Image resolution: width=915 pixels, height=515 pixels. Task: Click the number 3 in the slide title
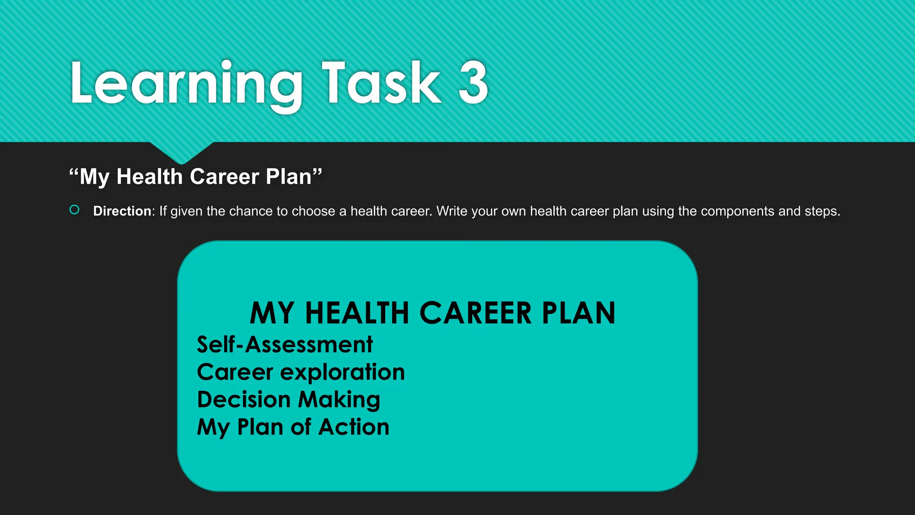click(473, 83)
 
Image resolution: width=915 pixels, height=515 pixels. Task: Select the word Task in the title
click(381, 83)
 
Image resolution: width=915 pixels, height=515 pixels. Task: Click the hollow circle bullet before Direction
click(75, 210)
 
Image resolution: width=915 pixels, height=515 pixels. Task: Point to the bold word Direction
click(122, 211)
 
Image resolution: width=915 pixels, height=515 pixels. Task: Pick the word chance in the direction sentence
click(250, 211)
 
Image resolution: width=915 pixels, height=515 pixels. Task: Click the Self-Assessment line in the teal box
click(285, 345)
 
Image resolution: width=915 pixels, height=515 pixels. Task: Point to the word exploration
click(342, 372)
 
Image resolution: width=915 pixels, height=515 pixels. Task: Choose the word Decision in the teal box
click(243, 400)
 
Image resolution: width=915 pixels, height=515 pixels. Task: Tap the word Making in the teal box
click(339, 400)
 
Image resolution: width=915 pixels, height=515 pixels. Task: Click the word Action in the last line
click(354, 427)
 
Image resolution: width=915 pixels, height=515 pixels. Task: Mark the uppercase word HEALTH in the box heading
click(357, 313)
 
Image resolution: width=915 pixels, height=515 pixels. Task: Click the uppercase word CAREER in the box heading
click(475, 313)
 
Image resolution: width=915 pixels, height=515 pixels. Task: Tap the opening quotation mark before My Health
click(74, 173)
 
